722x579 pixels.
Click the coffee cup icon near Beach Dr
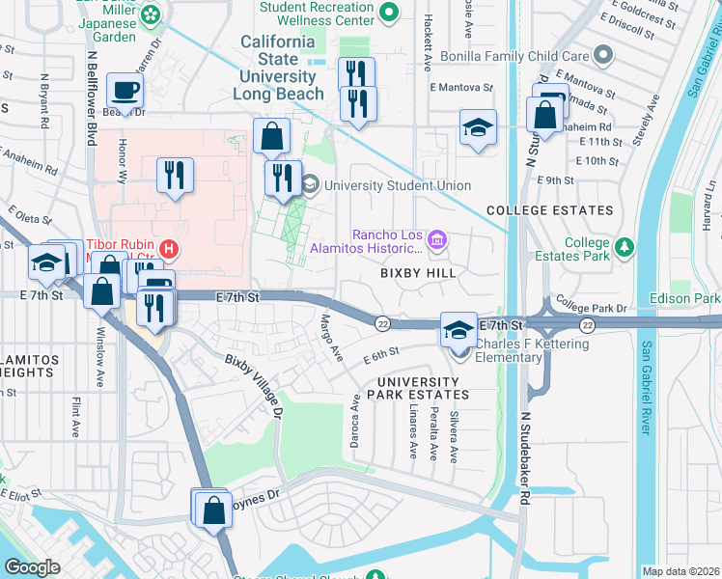(x=125, y=93)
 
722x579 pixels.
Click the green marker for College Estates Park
(x=625, y=248)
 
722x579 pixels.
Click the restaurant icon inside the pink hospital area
(x=175, y=176)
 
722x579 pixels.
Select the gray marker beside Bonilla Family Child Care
(x=605, y=53)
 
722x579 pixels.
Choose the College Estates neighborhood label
(x=549, y=210)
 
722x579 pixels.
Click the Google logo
(x=33, y=567)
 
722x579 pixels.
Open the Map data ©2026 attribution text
(x=680, y=571)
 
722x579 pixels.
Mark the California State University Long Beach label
(x=277, y=68)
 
